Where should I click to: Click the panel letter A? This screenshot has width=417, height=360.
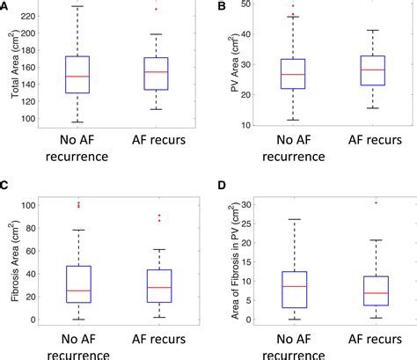pyautogui.click(x=6, y=8)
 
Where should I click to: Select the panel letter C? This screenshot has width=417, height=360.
pyautogui.click(x=6, y=187)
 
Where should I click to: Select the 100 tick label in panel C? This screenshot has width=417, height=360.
pyautogui.click(x=28, y=205)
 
